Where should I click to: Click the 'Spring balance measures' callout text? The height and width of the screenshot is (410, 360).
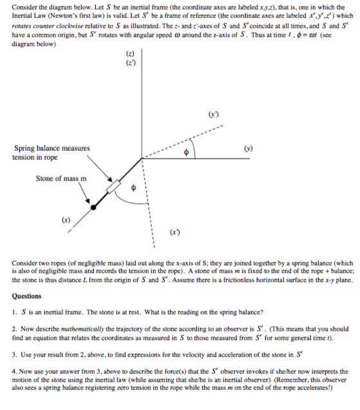52,148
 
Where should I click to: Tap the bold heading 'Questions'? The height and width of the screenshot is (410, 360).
30,296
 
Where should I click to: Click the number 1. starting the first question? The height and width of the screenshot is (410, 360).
15,309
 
